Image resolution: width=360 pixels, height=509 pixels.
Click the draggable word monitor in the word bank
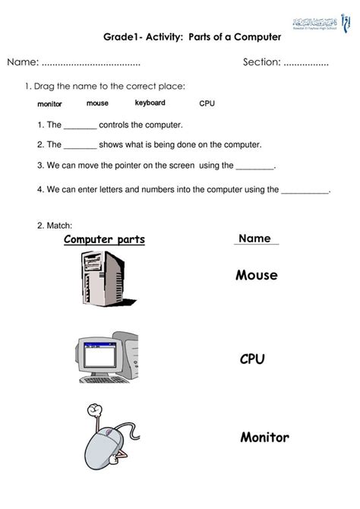pyautogui.click(x=49, y=104)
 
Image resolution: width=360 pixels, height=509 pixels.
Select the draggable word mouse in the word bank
pyautogui.click(x=97, y=103)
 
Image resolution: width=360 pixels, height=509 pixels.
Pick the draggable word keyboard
pyautogui.click(x=150, y=103)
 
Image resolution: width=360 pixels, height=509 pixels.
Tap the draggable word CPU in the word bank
pyautogui.click(x=207, y=103)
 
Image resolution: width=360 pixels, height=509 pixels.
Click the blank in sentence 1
pyautogui.click(x=80, y=125)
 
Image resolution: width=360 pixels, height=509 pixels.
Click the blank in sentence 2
pyautogui.click(x=80, y=144)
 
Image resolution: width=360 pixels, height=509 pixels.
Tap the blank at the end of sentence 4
pyautogui.click(x=305, y=191)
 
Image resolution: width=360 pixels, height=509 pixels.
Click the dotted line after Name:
pyautogui.click(x=90, y=62)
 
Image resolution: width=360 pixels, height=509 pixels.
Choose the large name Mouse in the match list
pyautogui.click(x=256, y=275)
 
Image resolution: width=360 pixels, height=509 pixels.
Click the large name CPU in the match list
pyautogui.click(x=251, y=359)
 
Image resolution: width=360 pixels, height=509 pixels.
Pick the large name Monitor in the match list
pyautogui.click(x=264, y=438)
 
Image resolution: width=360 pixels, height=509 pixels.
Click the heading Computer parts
pyautogui.click(x=104, y=240)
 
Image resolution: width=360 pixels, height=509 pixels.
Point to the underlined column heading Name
pyautogui.click(x=254, y=239)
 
